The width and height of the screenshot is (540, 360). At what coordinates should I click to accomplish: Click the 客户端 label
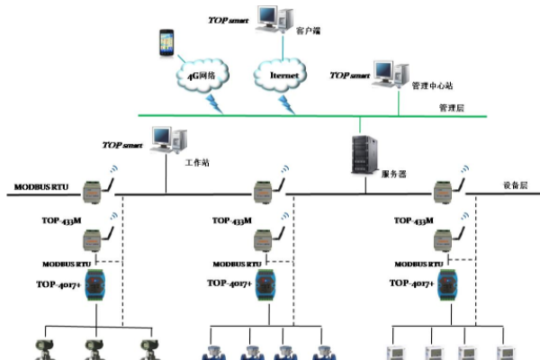(309, 30)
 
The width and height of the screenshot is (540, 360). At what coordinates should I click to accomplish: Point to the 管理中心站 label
(432, 87)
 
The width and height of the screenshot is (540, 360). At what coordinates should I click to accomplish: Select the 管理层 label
(451, 107)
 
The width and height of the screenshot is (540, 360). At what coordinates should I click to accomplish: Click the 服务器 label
(393, 174)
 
